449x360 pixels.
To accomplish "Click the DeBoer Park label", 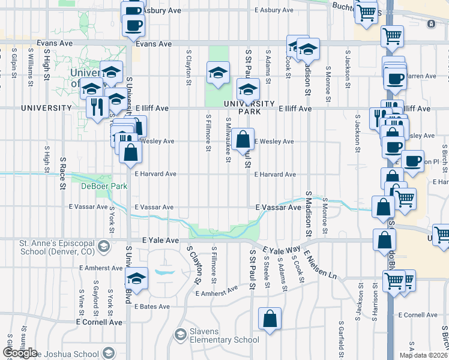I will (105, 186).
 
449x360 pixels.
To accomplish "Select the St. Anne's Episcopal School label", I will (47, 247).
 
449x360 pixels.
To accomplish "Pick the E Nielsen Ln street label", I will (320, 267).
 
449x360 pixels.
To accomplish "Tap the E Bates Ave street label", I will (152, 307).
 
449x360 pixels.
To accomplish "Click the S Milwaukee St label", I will (228, 139).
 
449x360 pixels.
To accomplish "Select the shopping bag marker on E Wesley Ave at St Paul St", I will (243, 140).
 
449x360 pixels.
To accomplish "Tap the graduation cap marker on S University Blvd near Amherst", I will (136, 278).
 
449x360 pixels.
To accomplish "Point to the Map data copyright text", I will (423, 355).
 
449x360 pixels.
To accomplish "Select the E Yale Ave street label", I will (161, 240).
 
